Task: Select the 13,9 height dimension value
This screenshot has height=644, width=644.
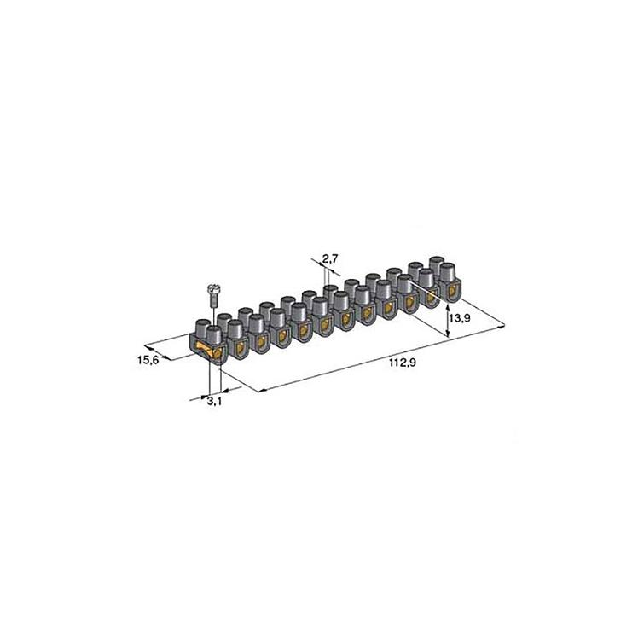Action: [x=460, y=318]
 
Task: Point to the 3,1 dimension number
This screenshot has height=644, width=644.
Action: [x=214, y=401]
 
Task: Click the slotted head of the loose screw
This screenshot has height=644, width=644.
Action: [x=212, y=290]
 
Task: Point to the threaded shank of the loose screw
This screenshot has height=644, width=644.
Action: [x=212, y=304]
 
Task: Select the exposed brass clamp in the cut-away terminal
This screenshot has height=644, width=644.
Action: [x=204, y=350]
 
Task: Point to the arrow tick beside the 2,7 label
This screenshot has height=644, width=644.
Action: [x=324, y=271]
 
